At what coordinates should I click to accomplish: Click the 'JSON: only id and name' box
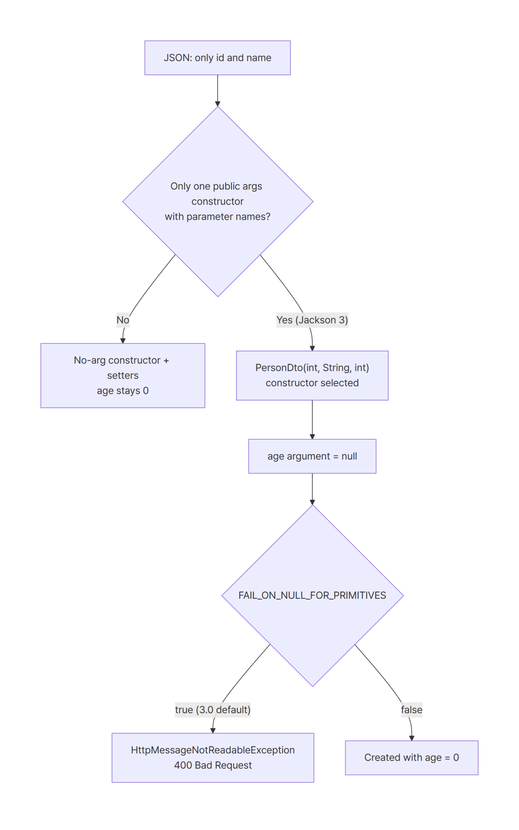(x=217, y=58)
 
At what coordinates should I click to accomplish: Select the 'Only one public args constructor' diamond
(x=217, y=202)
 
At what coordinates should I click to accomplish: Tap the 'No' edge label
(x=123, y=320)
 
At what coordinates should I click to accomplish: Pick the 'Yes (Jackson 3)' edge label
(x=312, y=320)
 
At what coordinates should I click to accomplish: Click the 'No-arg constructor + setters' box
(x=123, y=375)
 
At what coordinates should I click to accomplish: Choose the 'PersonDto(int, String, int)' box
(x=312, y=375)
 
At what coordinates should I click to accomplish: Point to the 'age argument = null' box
(x=312, y=456)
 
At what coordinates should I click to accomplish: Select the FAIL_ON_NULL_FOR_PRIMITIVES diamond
(x=312, y=596)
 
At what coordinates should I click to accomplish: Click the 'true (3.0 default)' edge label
(x=213, y=710)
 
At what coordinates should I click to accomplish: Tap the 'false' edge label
(x=412, y=710)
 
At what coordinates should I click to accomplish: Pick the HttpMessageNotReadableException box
(x=213, y=758)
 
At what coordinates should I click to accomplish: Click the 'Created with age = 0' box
(x=412, y=758)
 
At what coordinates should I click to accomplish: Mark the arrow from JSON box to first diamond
(x=217, y=90)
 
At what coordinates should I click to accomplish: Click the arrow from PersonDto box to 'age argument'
(x=312, y=420)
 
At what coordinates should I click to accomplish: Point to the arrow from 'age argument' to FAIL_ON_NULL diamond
(x=312, y=489)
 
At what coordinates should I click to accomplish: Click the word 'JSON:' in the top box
(x=178, y=58)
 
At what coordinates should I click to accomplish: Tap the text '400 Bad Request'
(x=213, y=765)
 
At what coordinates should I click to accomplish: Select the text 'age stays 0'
(x=123, y=390)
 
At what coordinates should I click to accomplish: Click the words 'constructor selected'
(x=312, y=383)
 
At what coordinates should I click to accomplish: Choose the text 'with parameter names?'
(x=217, y=217)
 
